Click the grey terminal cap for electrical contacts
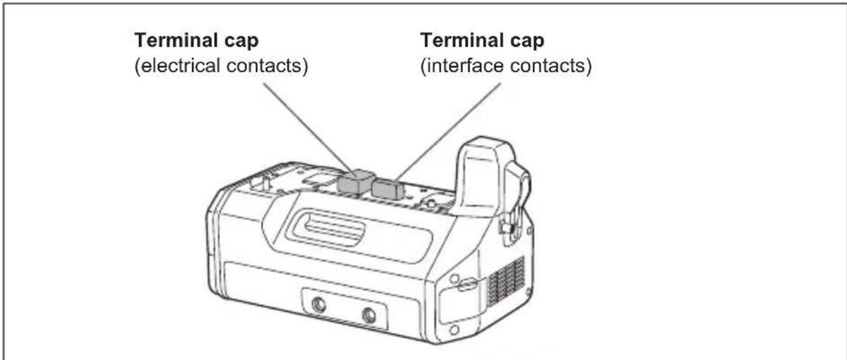click(x=355, y=183)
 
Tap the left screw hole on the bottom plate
click(x=320, y=304)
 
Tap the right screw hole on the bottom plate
click(x=369, y=315)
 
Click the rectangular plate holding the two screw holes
click(x=344, y=309)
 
